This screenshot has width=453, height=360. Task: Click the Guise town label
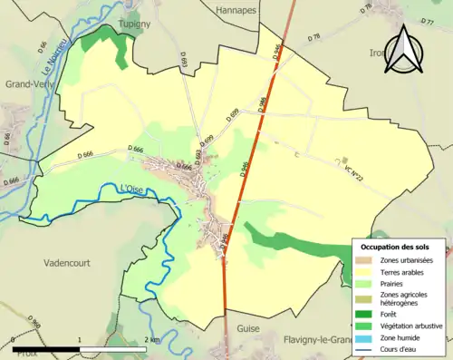(x=248, y=328)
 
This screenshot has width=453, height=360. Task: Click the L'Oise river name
(x=133, y=189)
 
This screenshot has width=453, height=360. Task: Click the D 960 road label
(x=34, y=322)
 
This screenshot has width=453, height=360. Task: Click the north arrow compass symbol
(x=401, y=50)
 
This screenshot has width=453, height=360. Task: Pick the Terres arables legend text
(x=404, y=272)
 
